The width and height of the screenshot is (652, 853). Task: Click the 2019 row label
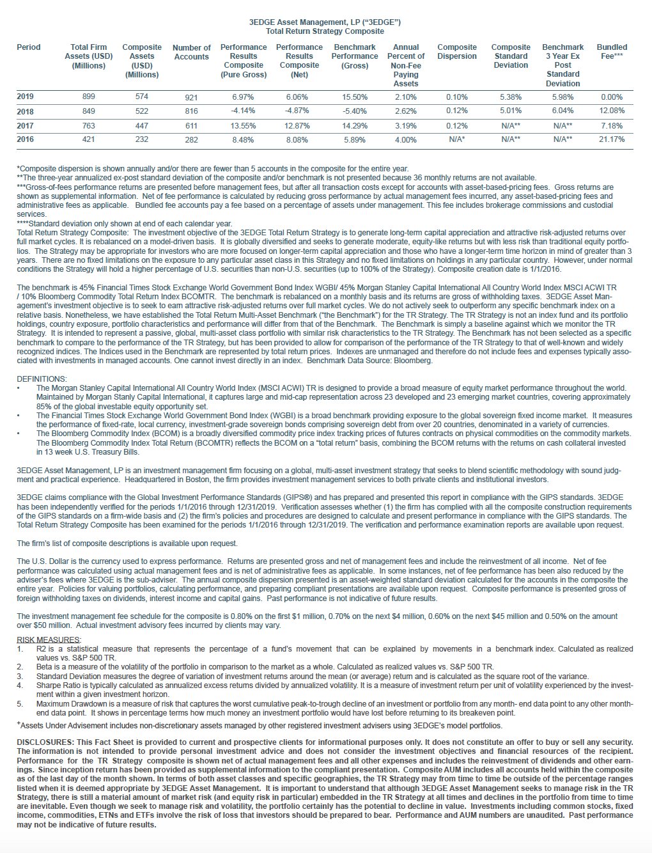click(26, 97)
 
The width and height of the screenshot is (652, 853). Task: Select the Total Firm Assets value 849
click(88, 111)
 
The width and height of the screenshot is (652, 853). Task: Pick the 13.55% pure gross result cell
click(243, 126)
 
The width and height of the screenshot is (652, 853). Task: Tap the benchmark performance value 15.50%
click(355, 97)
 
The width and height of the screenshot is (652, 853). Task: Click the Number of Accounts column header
click(191, 52)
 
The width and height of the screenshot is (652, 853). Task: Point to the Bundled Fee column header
click(612, 52)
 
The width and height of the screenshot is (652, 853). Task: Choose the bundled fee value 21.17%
click(612, 139)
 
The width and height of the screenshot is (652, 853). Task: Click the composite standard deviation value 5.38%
click(510, 97)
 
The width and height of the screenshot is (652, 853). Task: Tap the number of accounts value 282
click(191, 140)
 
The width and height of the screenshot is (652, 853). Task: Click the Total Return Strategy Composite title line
click(325, 31)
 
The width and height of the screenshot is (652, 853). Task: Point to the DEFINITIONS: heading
click(42, 379)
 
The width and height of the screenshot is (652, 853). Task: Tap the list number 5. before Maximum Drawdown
click(20, 704)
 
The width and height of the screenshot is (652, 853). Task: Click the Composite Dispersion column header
click(456, 52)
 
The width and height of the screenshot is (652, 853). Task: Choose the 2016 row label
click(26, 139)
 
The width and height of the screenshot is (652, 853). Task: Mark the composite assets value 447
click(141, 126)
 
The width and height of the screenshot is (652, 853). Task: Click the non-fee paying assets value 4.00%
click(405, 140)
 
